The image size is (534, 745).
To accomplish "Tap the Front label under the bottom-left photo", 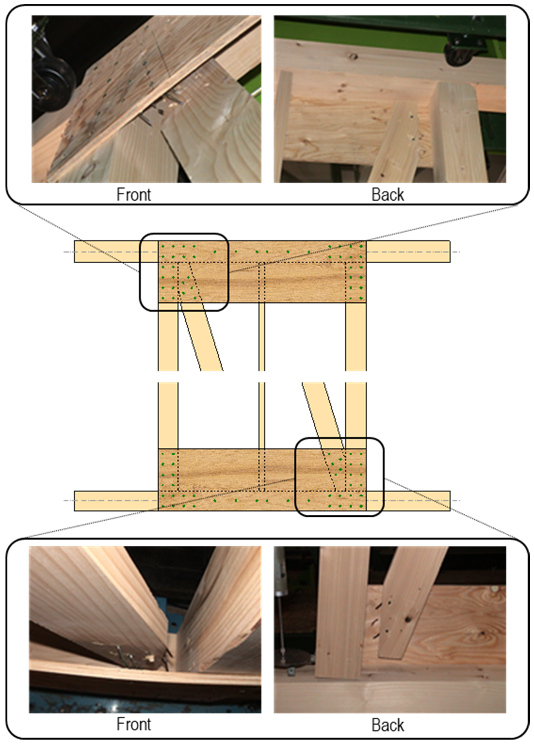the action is (x=134, y=724).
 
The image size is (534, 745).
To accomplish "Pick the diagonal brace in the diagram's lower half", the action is (x=323, y=416).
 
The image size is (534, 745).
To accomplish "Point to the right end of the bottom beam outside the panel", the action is (x=408, y=501).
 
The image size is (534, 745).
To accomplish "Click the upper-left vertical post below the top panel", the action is (x=168, y=337).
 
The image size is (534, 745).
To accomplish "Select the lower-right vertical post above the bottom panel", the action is (x=356, y=416).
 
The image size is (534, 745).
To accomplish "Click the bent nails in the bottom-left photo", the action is (x=144, y=657).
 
